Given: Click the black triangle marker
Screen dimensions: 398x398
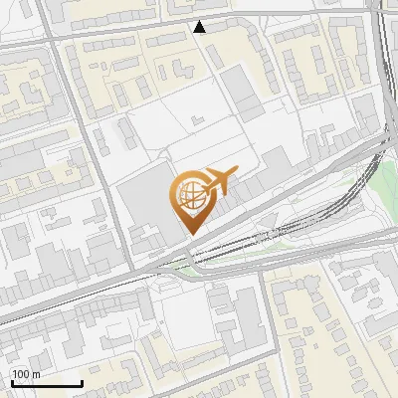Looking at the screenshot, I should click(x=201, y=27).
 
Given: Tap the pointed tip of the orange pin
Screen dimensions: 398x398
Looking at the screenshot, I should click(x=190, y=234).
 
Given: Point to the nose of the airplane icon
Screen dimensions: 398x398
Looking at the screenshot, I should click(x=238, y=173).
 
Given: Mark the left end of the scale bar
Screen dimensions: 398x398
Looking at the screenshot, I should click(x=13, y=384).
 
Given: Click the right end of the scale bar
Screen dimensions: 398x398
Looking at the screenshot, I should click(x=82, y=384).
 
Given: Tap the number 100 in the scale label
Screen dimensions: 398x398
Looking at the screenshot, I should click(x=21, y=374).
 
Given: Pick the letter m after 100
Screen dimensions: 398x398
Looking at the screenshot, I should click(x=36, y=374).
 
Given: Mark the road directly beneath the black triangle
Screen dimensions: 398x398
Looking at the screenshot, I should click(x=201, y=37).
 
